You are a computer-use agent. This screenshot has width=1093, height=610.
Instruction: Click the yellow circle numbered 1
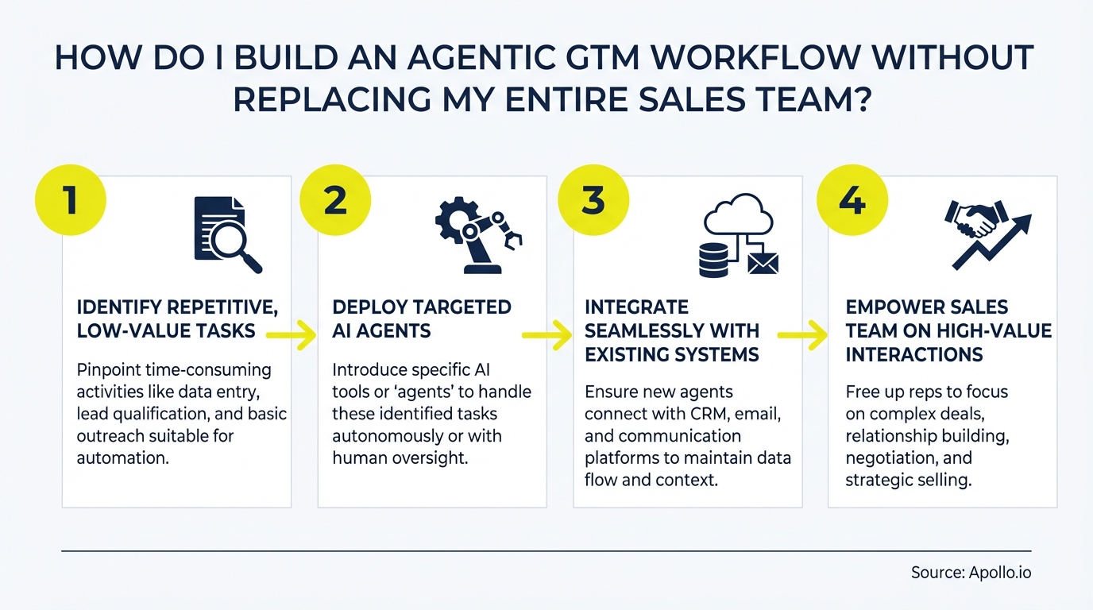tap(71, 199)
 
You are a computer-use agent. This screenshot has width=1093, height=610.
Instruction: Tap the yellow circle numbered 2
tap(335, 199)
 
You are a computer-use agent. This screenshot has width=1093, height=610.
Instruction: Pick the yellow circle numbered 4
tap(852, 199)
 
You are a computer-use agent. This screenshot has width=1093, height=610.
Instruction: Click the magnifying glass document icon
tap(227, 235)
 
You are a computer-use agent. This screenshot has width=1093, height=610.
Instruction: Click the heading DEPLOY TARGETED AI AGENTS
tap(422, 319)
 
